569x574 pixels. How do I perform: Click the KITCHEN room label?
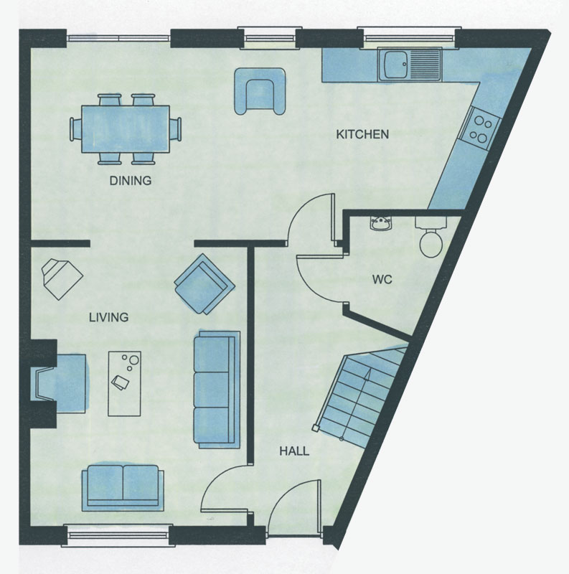click(362, 134)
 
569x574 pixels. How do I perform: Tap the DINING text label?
click(131, 181)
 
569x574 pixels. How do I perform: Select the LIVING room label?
click(109, 317)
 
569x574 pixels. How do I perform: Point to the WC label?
click(382, 280)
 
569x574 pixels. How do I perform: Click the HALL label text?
click(294, 451)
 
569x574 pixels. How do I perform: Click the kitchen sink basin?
click(395, 64)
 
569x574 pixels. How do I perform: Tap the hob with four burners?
click(480, 129)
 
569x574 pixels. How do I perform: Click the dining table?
click(126, 129)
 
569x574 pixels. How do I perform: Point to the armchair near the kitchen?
click(260, 91)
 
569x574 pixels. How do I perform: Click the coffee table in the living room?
click(125, 384)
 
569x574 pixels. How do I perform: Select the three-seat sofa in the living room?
click(217, 390)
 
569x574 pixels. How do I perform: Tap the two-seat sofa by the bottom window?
click(123, 488)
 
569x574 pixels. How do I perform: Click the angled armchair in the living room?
click(204, 284)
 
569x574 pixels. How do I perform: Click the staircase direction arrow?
click(355, 404)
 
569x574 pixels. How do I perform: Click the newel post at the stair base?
click(315, 428)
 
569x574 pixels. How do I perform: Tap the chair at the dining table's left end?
click(76, 129)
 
